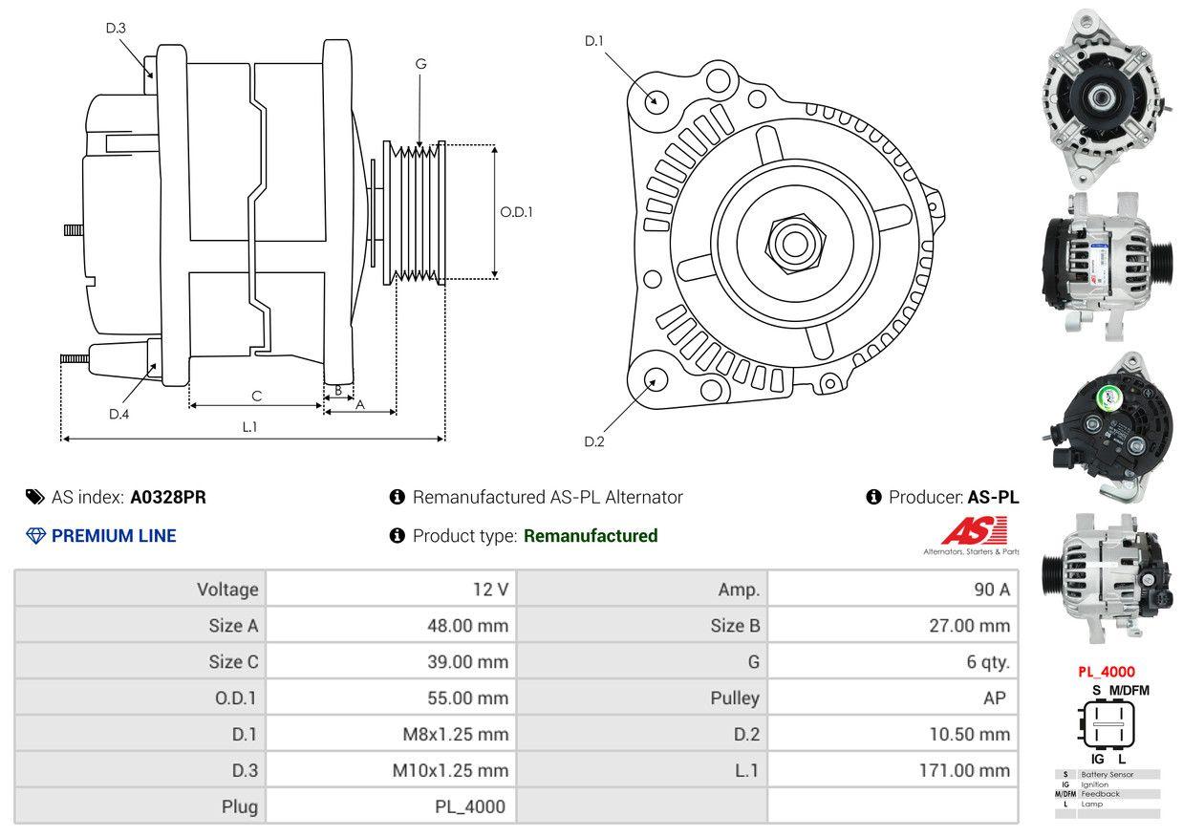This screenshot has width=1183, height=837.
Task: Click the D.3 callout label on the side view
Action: point(116,28)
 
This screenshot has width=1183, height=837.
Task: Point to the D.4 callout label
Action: point(118,414)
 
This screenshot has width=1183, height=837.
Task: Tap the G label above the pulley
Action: point(420,64)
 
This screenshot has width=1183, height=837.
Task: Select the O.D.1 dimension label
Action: point(516,212)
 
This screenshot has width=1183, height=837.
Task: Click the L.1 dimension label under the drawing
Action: point(249,427)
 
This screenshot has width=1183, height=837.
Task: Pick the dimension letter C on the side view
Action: point(256,396)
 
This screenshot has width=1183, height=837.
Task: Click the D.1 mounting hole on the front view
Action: point(656,100)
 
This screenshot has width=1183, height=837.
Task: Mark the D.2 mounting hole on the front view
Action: point(655,379)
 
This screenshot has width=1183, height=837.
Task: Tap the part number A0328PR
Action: point(168,497)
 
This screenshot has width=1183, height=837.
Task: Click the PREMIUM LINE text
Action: point(114,536)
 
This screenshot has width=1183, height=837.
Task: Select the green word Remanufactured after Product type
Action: point(591,536)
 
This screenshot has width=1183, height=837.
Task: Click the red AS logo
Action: point(974,531)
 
